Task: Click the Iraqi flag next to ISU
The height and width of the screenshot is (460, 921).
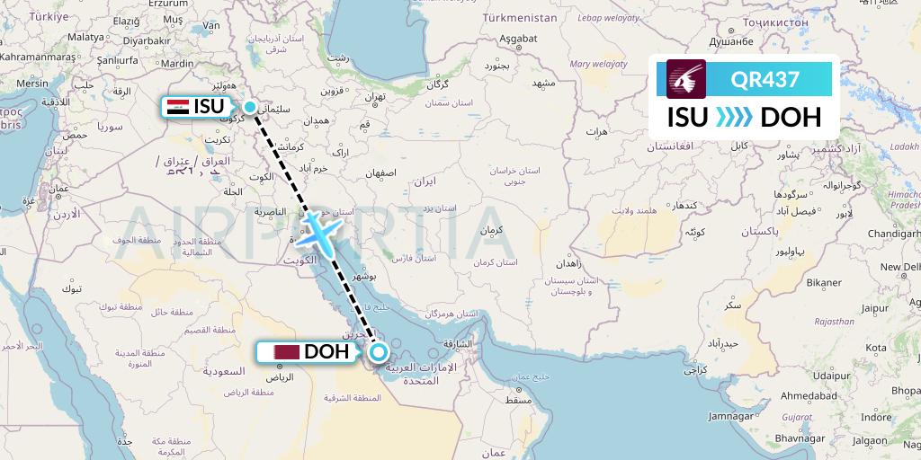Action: (x=177, y=107)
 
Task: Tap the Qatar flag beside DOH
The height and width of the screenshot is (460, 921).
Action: (x=288, y=352)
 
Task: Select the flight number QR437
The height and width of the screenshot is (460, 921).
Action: (x=765, y=79)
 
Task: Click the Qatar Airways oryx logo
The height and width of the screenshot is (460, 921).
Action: (x=685, y=78)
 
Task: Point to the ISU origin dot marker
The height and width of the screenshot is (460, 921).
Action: (x=250, y=106)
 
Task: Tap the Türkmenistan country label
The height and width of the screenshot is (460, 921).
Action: (x=519, y=17)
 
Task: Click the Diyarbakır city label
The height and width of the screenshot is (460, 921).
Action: (x=121, y=41)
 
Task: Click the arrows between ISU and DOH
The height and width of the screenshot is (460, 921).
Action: (x=735, y=118)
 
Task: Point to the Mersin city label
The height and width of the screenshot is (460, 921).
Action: (x=31, y=83)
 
